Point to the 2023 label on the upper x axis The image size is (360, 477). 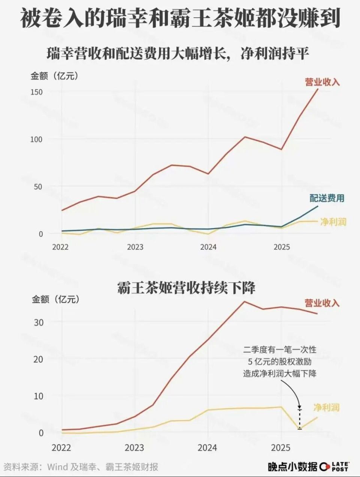point(135,247)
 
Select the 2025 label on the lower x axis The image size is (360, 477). point(281,448)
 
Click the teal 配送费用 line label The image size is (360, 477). point(327,198)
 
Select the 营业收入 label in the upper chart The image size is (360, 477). point(322,82)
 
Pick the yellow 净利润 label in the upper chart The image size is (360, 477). point(333,222)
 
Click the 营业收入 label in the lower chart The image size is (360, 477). point(322,303)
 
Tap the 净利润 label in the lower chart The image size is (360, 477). point(326,407)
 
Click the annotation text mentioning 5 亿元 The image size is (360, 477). point(280,362)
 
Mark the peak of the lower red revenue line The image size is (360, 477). point(244,301)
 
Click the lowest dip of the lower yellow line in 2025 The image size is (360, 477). point(299,428)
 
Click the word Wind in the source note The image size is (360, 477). point(57,467)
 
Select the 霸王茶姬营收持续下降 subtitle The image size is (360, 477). point(186,288)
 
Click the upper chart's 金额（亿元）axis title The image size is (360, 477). point(55,76)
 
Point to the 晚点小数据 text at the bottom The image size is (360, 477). point(292,467)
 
